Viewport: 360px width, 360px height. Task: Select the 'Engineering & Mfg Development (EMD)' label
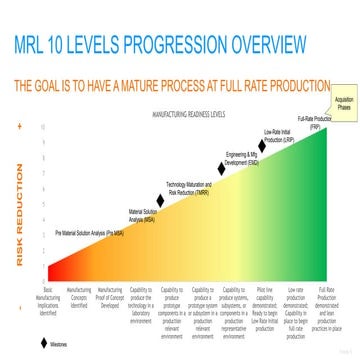241,159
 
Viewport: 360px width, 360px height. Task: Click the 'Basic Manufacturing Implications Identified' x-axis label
48,298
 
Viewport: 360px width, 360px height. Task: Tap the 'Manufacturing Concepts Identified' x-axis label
78,294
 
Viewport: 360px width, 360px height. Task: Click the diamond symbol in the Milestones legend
43,343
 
